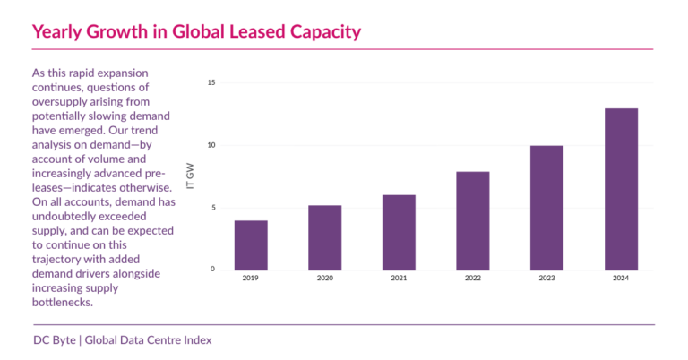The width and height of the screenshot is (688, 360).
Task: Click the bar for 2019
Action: tap(251, 244)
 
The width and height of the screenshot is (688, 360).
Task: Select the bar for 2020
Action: tap(325, 237)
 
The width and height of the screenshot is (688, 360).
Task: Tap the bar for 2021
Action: tap(399, 232)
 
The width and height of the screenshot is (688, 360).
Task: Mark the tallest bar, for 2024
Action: tap(621, 188)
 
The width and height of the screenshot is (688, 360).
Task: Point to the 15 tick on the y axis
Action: tap(211, 83)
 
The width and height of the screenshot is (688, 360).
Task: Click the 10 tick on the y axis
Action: tap(211, 145)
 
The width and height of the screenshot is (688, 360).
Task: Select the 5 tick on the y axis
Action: tap(213, 208)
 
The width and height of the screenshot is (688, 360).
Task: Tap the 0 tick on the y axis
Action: tap(213, 269)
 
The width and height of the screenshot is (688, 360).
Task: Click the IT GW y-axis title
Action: tap(190, 176)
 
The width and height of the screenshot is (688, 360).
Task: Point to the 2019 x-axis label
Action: tap(251, 279)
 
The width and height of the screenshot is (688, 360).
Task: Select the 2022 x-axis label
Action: tap(473, 279)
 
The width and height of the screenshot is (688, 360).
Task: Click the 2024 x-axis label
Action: tap(621, 279)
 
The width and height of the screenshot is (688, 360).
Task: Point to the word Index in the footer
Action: tap(196, 340)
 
